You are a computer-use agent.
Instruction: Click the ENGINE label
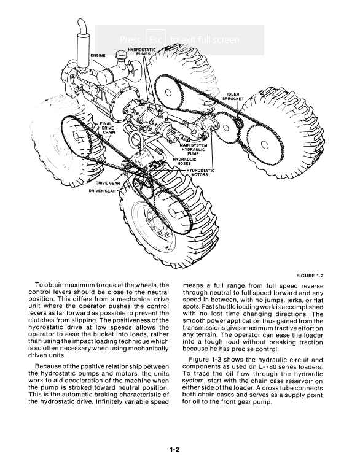98,56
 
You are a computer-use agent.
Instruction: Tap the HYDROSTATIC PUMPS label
142,52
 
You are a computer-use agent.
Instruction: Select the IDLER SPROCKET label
233,96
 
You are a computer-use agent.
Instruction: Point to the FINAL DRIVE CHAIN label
108,128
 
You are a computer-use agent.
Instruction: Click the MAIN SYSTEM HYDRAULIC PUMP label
194,149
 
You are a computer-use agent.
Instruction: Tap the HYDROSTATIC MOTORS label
200,172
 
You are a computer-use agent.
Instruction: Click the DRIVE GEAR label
108,183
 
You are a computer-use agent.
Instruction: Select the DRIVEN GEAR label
103,191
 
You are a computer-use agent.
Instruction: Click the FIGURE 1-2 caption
310,276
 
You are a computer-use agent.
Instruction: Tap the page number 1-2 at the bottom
174,449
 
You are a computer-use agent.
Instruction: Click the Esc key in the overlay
155,40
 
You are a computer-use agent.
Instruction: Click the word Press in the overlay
130,40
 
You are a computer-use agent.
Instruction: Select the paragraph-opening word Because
47,366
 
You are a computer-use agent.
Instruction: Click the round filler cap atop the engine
121,55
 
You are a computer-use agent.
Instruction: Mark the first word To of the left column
39,285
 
